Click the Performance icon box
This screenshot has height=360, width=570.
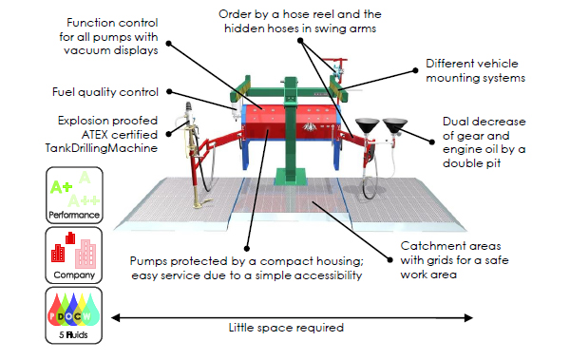coord(74,195)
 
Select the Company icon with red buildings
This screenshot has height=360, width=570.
coord(74,256)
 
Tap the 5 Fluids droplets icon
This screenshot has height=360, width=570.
coord(74,315)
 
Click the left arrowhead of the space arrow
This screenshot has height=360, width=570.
coord(116,318)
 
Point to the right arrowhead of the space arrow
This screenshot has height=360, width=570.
coord(468,318)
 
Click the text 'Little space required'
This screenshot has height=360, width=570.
coord(286,328)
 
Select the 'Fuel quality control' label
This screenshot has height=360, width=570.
coord(105,92)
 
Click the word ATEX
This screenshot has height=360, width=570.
coord(94,135)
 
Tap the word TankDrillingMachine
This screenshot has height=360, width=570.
coord(102,148)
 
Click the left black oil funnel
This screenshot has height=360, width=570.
coord(368,125)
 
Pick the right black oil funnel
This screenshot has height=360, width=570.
coord(395,124)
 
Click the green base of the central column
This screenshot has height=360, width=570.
coord(291,177)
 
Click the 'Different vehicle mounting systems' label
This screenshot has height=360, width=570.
coord(476,70)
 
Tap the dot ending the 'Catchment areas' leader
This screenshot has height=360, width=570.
coord(389,259)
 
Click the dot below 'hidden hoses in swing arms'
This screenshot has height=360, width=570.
coord(300,40)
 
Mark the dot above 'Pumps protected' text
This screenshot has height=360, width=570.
coord(247,249)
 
